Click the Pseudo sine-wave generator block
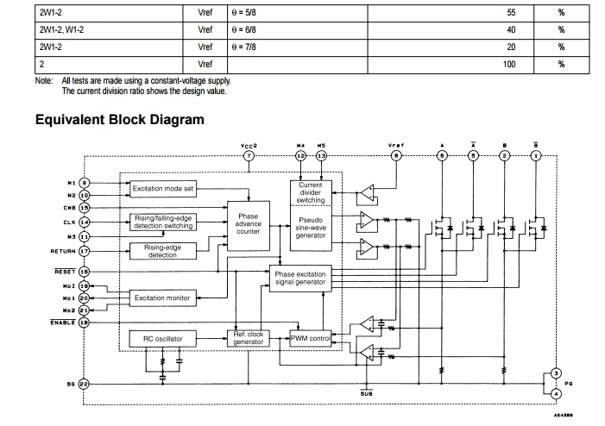(310, 227)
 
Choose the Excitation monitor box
(161, 298)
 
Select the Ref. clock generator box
(248, 339)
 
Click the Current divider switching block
(310, 192)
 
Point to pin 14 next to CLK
(85, 222)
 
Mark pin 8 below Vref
(396, 156)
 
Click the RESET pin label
(66, 272)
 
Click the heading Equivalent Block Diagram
(119, 119)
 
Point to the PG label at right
(569, 383)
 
